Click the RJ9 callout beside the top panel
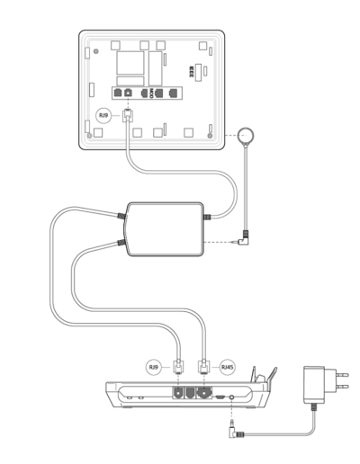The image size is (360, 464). coord(103,115)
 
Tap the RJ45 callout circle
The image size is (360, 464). coord(227,367)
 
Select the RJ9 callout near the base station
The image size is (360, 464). coord(153,367)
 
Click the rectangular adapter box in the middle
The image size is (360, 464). coord(165,229)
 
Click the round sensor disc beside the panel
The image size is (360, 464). coord(246,136)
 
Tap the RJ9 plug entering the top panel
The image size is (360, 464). coord(128,115)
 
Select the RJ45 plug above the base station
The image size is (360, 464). coord(203,367)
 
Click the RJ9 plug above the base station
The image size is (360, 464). coord(178,367)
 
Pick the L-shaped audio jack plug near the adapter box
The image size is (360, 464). coord(244,238)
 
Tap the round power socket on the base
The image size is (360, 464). coord(231,397)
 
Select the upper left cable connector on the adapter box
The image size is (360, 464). coord(121,216)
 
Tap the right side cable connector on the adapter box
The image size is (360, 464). coord(207,217)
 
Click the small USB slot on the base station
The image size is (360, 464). coord(220,397)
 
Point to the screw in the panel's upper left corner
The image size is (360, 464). coord(95,51)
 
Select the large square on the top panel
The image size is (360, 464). coord(130,63)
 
